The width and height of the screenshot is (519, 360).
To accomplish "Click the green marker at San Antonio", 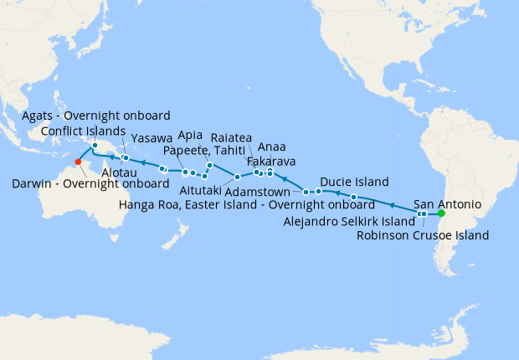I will point(441,213).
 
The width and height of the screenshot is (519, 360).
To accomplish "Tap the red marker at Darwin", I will point(78,162).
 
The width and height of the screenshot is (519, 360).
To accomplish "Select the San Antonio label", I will point(448,203).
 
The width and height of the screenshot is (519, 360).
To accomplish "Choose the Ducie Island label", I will point(353,182).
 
